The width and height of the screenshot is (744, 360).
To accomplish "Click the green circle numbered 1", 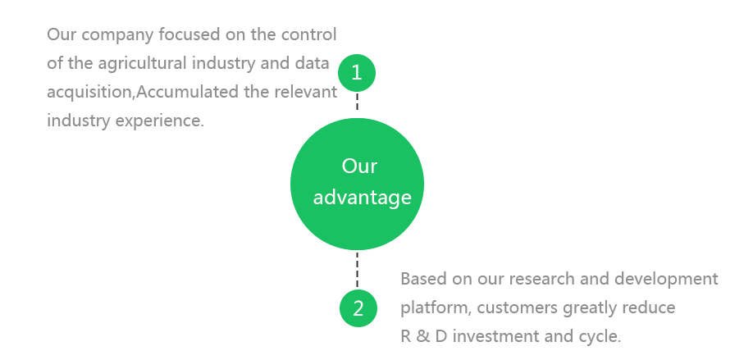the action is click(x=357, y=73).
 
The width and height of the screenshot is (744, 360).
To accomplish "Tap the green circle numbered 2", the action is click(x=358, y=308).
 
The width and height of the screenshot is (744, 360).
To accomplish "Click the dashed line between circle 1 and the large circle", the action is click(x=358, y=102).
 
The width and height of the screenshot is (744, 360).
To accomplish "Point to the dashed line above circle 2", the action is click(x=358, y=270).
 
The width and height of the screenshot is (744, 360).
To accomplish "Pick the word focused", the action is click(x=189, y=34).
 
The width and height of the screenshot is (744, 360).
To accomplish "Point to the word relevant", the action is click(x=306, y=92).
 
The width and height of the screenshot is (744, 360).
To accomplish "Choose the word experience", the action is click(x=159, y=121).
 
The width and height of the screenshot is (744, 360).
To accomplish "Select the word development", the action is click(x=667, y=280).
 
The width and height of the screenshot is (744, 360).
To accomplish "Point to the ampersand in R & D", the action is click(x=421, y=337).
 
